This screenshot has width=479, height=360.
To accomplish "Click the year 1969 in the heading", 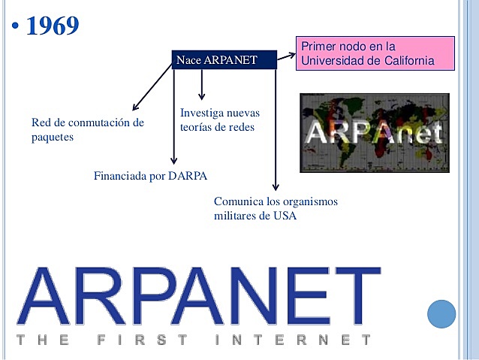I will [x=52, y=26].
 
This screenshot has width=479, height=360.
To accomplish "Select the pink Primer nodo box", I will [x=375, y=53].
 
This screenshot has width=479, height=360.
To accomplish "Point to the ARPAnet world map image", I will [x=374, y=133].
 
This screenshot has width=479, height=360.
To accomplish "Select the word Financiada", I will [x=119, y=177].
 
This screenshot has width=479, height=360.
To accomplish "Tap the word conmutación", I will [x=102, y=122].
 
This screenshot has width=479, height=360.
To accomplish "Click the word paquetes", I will [x=53, y=137].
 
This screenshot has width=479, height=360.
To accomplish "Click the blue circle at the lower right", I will [x=441, y=313].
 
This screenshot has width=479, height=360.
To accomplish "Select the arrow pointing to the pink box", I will [x=285, y=55].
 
